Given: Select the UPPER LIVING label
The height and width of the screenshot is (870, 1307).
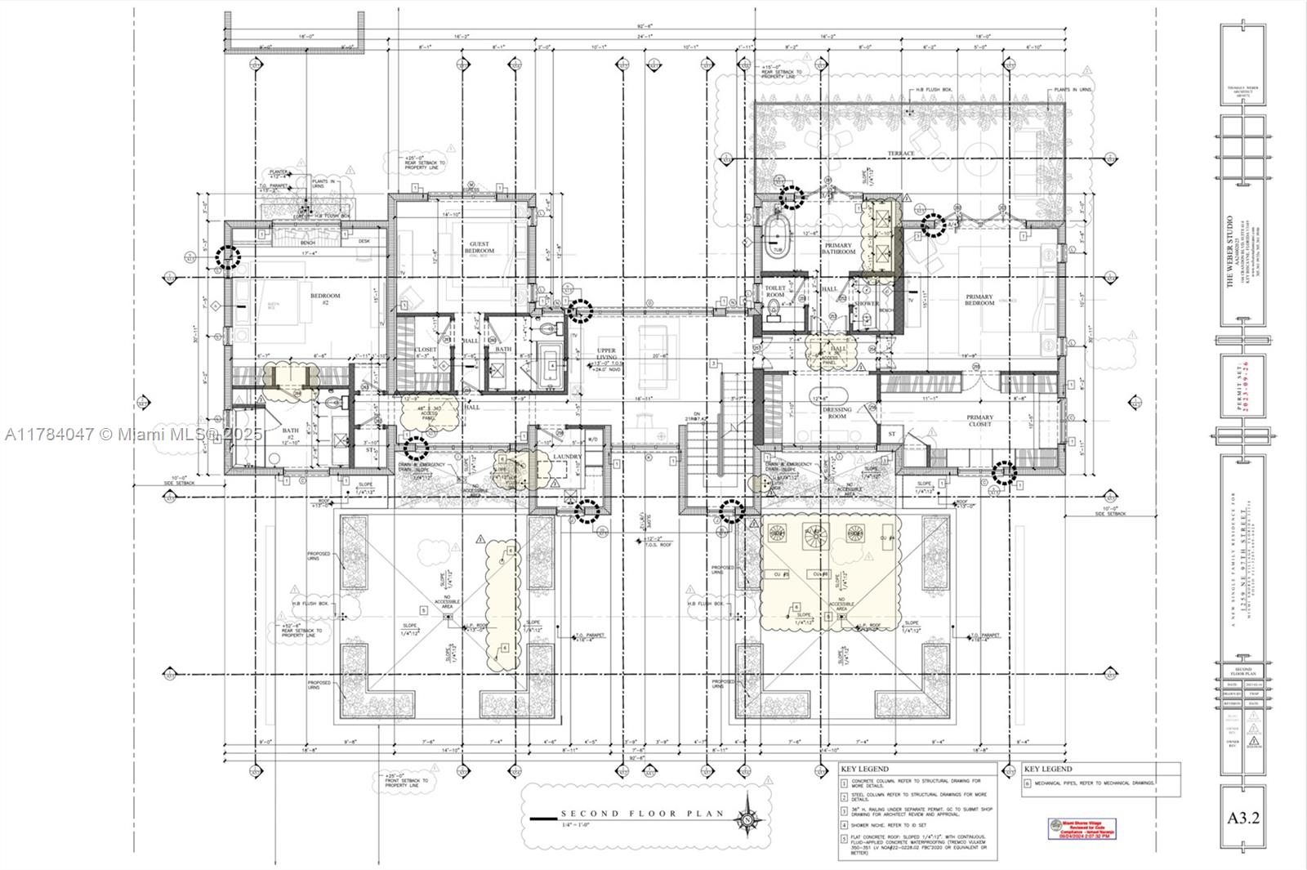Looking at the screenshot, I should [x=606, y=354].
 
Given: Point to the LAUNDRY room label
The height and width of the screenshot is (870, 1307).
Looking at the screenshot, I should [x=566, y=457].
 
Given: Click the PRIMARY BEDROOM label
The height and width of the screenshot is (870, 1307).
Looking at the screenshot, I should [x=979, y=300].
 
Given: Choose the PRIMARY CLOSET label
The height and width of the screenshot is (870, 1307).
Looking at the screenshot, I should [x=979, y=420].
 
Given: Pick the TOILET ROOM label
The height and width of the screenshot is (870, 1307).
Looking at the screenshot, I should [x=774, y=292].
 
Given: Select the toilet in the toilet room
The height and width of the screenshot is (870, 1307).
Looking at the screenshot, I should [x=774, y=310].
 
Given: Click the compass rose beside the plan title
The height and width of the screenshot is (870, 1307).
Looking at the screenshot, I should [x=747, y=819].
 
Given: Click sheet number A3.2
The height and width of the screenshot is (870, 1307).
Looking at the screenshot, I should [x=1243, y=818].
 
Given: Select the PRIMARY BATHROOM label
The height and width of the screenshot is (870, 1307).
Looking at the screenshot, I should [x=838, y=248].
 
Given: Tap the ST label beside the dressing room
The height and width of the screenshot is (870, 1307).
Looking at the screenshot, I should [x=891, y=435].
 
